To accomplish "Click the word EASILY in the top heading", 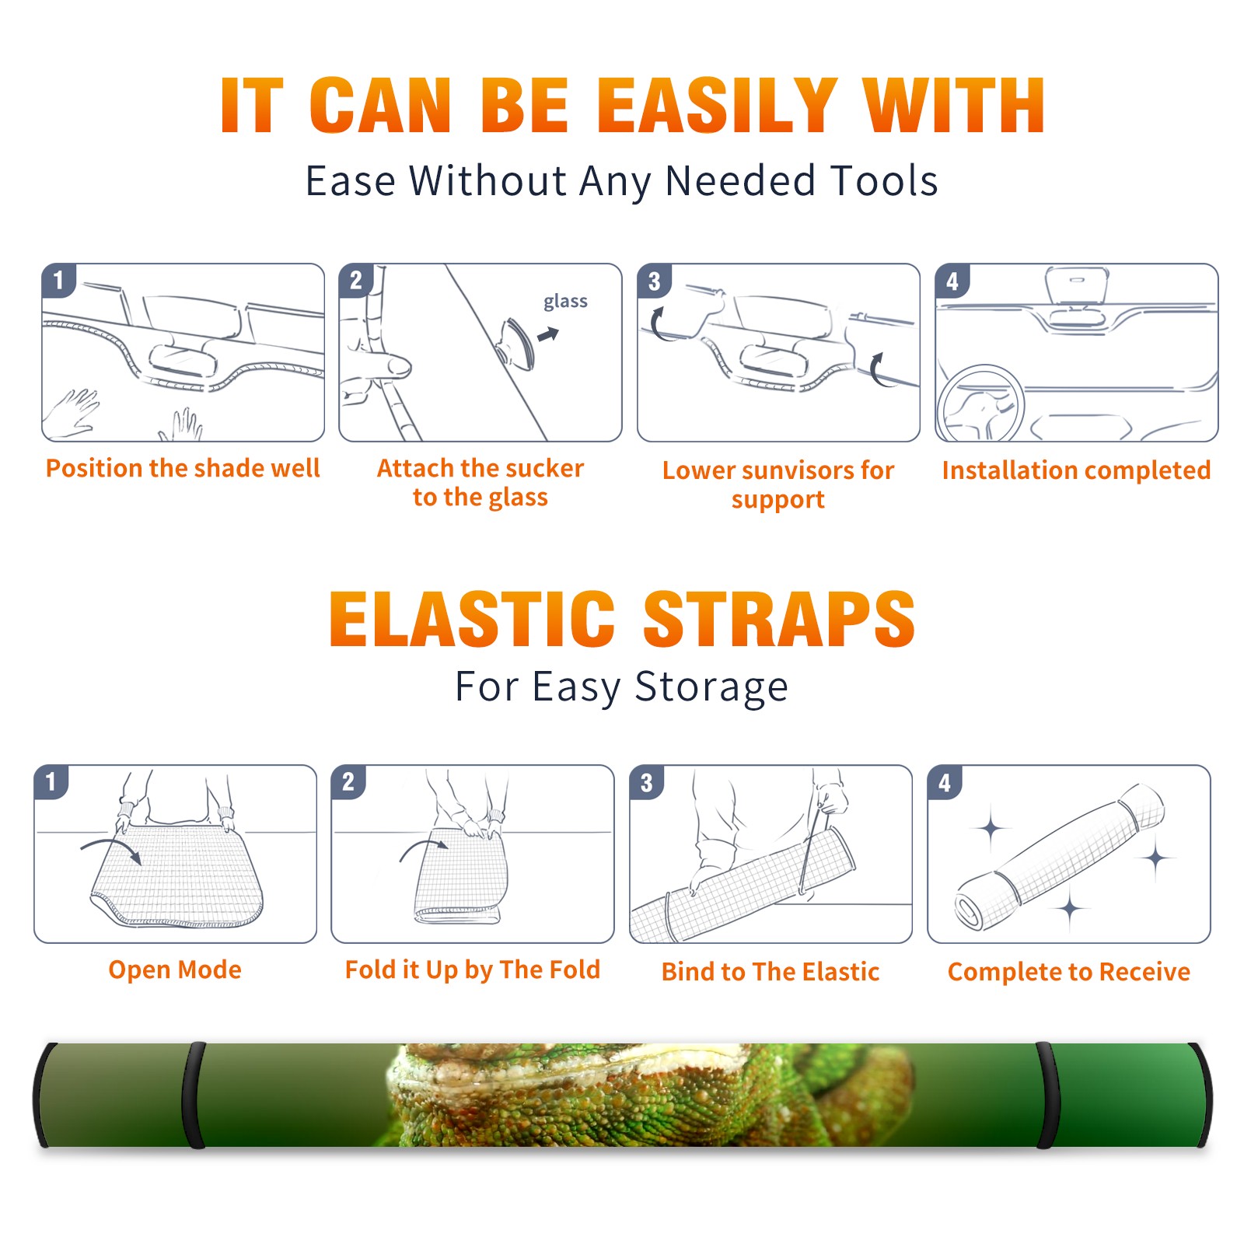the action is pyautogui.click(x=716, y=106).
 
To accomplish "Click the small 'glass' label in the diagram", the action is pyautogui.click(x=565, y=302).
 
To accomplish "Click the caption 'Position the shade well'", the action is pyautogui.click(x=183, y=468).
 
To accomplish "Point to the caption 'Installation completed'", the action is pyautogui.click(x=1076, y=470).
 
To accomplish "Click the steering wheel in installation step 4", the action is pyautogui.click(x=981, y=403).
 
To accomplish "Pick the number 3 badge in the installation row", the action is pyautogui.click(x=654, y=281).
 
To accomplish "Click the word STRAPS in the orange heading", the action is pyautogui.click(x=779, y=619).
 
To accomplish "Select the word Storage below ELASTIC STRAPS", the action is pyautogui.click(x=711, y=688).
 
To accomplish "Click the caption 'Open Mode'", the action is pyautogui.click(x=175, y=970).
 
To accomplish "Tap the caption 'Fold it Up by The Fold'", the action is pyautogui.click(x=473, y=970).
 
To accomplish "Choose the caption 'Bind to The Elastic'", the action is pyautogui.click(x=771, y=972).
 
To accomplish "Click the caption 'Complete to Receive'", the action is pyautogui.click(x=1069, y=972).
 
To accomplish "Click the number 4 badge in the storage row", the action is pyautogui.click(x=945, y=782).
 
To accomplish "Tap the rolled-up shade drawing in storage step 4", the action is pyautogui.click(x=1059, y=857).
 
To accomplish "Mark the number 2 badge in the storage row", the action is pyautogui.click(x=348, y=782).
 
